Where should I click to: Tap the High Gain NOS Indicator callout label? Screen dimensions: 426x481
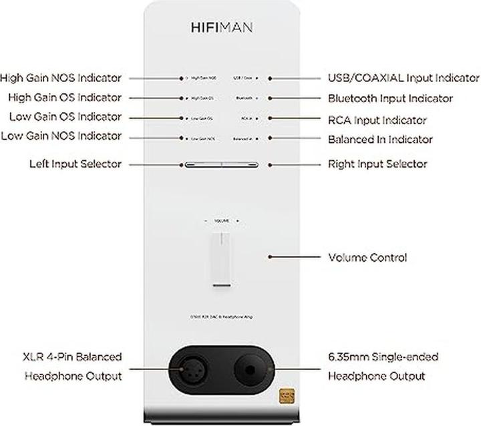point(61,77)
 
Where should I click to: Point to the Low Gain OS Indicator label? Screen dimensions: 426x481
point(65,117)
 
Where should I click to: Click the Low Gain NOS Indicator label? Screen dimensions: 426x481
point(61,136)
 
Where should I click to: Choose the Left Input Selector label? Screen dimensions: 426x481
point(75,164)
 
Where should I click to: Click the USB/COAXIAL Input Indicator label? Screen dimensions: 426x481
point(404,78)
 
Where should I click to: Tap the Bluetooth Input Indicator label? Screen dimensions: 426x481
point(390,99)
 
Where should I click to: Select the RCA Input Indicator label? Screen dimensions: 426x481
point(377,120)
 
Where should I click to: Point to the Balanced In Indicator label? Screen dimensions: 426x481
point(380,140)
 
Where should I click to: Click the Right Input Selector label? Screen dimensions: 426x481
point(377,164)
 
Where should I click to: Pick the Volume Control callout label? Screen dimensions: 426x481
point(367,257)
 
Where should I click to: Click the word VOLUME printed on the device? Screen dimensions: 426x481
point(221,220)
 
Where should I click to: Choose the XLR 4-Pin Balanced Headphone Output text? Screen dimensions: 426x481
point(73,367)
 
